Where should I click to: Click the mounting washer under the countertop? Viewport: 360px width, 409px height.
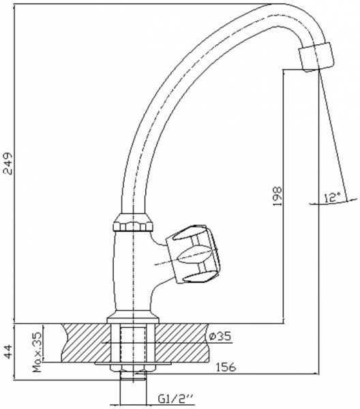[x=134, y=367]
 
